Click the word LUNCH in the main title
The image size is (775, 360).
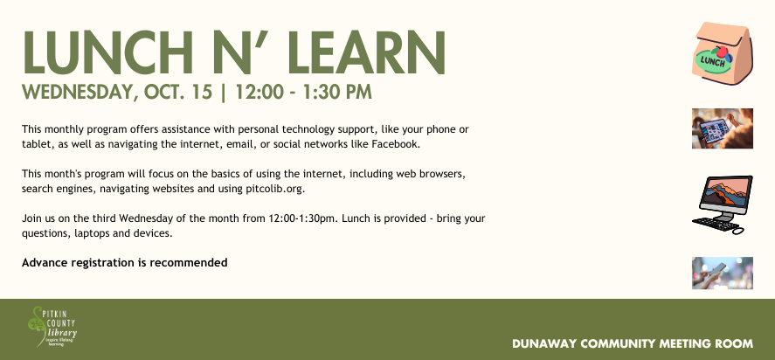(x=107, y=53)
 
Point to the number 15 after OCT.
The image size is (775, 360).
(x=202, y=92)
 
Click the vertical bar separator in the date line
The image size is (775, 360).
(x=224, y=93)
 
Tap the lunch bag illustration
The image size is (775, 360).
(x=723, y=53)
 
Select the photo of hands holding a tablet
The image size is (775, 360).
(x=722, y=128)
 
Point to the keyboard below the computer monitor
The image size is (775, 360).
(x=716, y=225)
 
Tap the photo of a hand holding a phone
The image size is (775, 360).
(x=722, y=273)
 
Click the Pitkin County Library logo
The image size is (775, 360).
(x=52, y=327)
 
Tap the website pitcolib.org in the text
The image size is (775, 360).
(x=275, y=189)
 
